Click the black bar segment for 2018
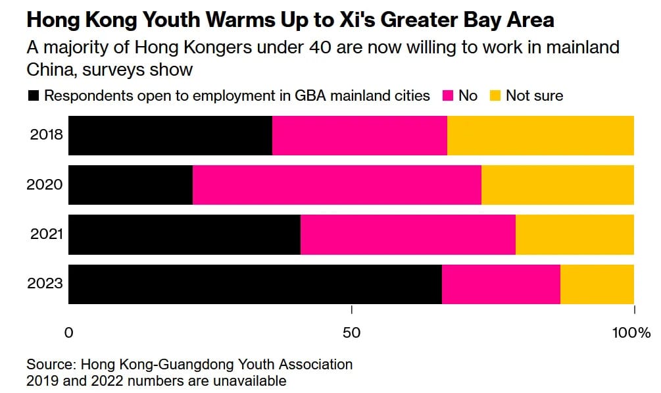click(170, 136)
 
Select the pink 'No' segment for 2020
click(337, 185)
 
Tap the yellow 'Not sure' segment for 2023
click(597, 284)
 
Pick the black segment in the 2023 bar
click(255, 284)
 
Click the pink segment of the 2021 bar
click(408, 235)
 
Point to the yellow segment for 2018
click(541, 136)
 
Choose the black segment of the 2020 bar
click(131, 185)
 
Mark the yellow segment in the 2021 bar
click(575, 235)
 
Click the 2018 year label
click(47, 135)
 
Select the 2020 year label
click(45, 185)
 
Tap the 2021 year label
click(47, 234)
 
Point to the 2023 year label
click(45, 284)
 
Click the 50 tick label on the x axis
click(352, 333)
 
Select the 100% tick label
click(631, 333)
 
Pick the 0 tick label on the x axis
click(68, 333)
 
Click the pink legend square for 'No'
click(448, 96)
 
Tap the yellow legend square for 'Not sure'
click(495, 96)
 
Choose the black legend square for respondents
click(34, 96)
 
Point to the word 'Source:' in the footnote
click(51, 364)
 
